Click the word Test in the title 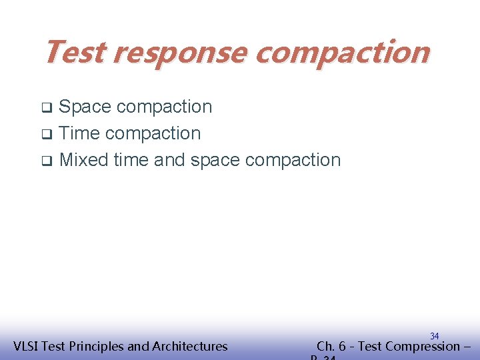[74, 51]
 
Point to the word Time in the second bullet [79, 133]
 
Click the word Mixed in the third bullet [84, 160]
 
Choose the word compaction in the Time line [153, 133]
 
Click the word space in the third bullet [215, 160]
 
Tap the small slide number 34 [434, 336]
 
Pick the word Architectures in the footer [190, 346]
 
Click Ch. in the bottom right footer [326, 346]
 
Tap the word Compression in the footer [418, 346]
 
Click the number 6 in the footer [342, 346]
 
